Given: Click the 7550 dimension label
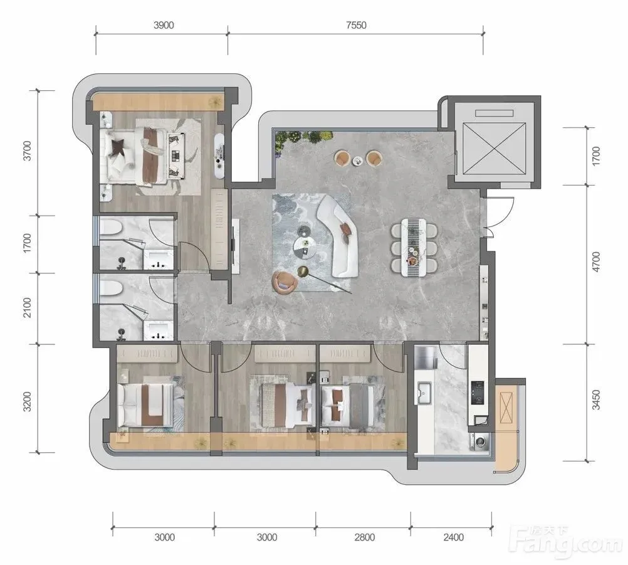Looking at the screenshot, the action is [356, 25].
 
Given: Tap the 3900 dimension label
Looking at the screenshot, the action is [164, 25].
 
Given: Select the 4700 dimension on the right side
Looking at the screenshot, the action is [597, 262].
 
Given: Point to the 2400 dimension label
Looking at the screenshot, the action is [453, 537].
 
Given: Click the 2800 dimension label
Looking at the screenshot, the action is [365, 537].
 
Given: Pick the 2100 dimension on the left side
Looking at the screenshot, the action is [27, 307].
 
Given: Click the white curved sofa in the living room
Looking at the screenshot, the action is [338, 236].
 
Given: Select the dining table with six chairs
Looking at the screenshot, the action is [414, 247].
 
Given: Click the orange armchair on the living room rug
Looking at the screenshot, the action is [285, 282].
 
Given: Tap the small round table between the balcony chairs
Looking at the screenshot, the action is [357, 161].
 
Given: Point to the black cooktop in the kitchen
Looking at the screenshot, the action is [477, 393].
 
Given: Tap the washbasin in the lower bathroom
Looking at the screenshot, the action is [159, 330].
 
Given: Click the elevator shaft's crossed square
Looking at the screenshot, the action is [494, 149].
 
